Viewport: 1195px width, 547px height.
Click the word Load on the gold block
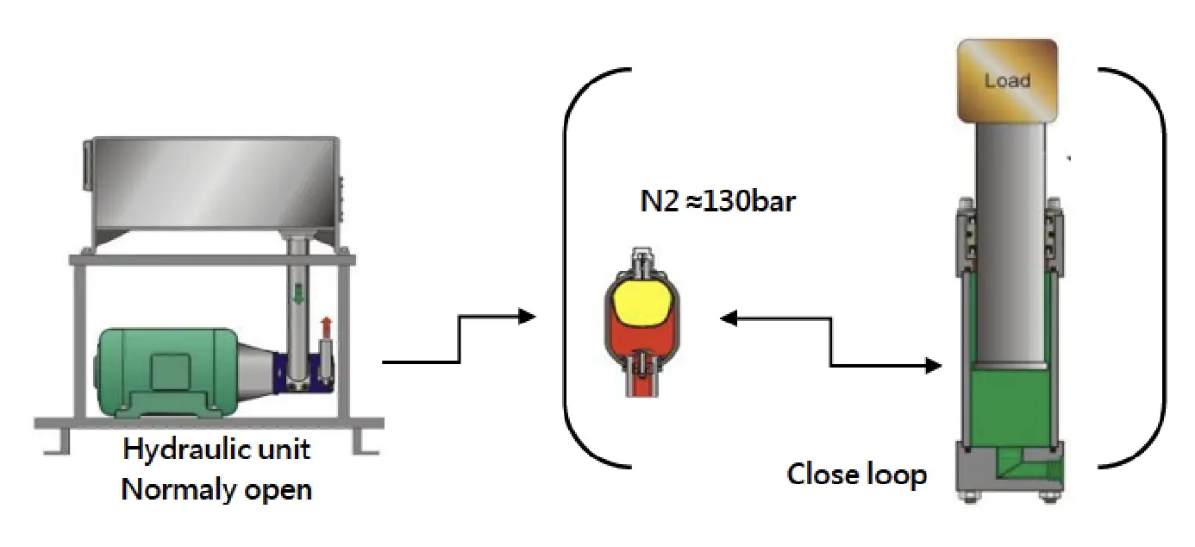point(1007,80)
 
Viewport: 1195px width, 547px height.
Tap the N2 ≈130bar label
point(717,201)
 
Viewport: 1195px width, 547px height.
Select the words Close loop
point(857,474)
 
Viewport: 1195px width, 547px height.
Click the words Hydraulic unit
point(216,449)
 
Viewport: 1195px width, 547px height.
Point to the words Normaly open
point(216,489)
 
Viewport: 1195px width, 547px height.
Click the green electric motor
point(166,372)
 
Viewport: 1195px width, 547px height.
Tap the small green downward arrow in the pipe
point(298,294)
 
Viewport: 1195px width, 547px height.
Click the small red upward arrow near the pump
point(326,327)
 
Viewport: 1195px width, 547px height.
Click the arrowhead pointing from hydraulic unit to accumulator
point(527,317)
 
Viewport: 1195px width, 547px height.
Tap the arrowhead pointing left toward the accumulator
point(729,318)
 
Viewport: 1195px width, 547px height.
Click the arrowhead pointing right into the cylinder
point(933,366)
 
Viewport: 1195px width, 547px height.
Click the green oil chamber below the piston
point(1010,406)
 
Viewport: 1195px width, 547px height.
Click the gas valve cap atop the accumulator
point(642,255)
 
